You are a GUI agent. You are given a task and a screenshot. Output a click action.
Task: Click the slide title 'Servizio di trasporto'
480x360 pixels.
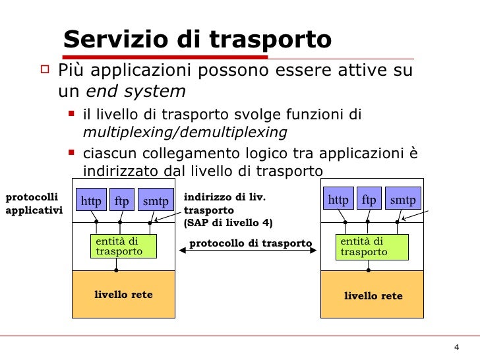197,40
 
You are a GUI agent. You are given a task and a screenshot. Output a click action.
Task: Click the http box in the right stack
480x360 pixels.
338,200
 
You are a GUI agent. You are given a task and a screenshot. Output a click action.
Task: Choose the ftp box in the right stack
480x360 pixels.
369,200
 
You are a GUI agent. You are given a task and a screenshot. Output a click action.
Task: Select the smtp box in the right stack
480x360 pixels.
403,200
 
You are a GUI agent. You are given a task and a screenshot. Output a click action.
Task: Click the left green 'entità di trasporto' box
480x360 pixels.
123,247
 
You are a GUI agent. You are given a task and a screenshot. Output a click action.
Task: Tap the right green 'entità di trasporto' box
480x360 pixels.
371,247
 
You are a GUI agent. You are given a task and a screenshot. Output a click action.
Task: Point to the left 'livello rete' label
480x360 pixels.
123,295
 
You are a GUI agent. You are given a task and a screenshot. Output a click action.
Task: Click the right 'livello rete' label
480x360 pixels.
373,296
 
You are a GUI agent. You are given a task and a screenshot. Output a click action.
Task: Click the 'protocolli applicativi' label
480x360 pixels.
33,204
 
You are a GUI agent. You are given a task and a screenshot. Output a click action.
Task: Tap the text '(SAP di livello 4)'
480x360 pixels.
227,223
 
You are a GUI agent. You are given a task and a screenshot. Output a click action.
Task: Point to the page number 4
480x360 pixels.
456,348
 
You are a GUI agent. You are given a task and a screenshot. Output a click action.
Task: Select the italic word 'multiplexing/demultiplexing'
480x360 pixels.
185,132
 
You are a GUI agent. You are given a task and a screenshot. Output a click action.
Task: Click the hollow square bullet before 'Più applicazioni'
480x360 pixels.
45,68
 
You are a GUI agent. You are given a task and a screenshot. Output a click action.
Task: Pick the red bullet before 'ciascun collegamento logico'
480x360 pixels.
72,154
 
